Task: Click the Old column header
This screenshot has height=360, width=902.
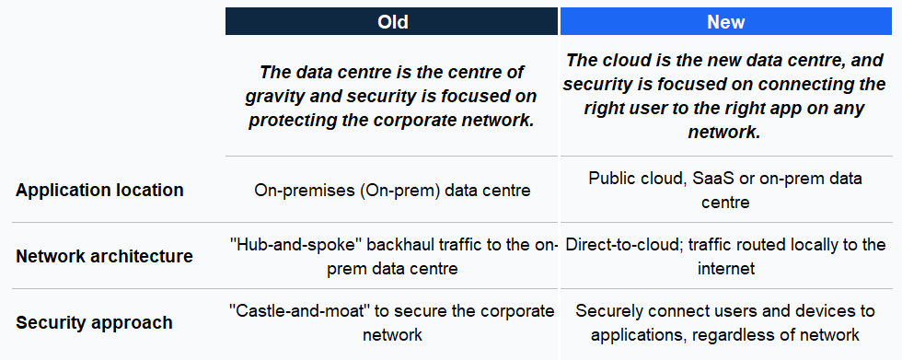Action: click(392, 21)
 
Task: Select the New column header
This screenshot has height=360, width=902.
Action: click(725, 21)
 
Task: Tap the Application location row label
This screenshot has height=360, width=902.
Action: click(99, 191)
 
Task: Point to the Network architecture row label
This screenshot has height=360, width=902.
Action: click(104, 256)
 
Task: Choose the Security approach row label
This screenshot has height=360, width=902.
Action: click(94, 323)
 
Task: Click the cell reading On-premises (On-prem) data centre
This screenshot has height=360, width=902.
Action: click(392, 191)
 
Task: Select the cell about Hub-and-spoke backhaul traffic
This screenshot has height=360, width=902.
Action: click(392, 256)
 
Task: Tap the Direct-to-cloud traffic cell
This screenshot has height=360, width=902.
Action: click(725, 256)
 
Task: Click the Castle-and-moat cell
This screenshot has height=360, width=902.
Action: click(392, 322)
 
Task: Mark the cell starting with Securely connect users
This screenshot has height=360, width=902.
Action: click(725, 322)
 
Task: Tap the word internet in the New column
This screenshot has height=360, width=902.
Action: click(725, 269)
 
